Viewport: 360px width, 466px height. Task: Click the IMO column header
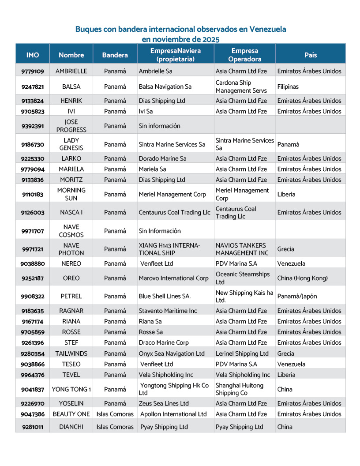click(x=33, y=55)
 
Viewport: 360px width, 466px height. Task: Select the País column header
click(x=311, y=55)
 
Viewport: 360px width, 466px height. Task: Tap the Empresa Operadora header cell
click(x=245, y=55)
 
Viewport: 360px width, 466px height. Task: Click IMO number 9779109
click(x=33, y=71)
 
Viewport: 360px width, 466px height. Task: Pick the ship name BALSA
click(x=71, y=87)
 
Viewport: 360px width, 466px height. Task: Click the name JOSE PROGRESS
click(x=71, y=126)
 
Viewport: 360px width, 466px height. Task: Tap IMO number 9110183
click(x=33, y=194)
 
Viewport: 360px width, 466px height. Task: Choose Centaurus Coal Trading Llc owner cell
click(x=174, y=212)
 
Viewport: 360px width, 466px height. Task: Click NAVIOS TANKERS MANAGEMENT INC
click(x=241, y=249)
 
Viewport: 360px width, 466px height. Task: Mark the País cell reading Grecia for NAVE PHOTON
click(x=286, y=249)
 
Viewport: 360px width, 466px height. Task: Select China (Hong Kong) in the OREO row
click(x=302, y=278)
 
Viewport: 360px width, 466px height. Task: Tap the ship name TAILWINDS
click(x=71, y=353)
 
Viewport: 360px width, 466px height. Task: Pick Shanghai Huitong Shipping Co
click(x=240, y=389)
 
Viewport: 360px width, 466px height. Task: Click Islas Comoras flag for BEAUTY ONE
click(x=115, y=414)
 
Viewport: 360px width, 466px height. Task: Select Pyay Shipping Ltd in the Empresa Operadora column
click(x=239, y=427)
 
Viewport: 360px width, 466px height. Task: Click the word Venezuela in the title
click(x=268, y=29)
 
